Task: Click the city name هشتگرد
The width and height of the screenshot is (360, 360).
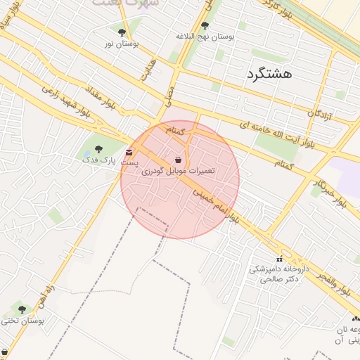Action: pos(269,73)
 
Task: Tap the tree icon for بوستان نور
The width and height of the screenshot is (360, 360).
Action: pos(122,32)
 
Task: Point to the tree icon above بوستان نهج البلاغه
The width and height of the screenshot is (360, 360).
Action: pos(205,25)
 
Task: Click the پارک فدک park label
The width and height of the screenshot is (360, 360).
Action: pos(98,160)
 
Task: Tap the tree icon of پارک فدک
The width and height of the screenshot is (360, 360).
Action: pos(98,149)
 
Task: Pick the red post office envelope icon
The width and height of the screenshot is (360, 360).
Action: pos(128,152)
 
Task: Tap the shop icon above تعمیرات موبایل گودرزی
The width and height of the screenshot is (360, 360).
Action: pos(178,160)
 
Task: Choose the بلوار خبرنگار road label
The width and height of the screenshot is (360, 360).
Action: pos(330,192)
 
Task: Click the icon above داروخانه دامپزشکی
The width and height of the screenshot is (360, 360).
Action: pos(280,259)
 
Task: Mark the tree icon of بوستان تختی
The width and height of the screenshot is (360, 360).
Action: pos(22,309)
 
